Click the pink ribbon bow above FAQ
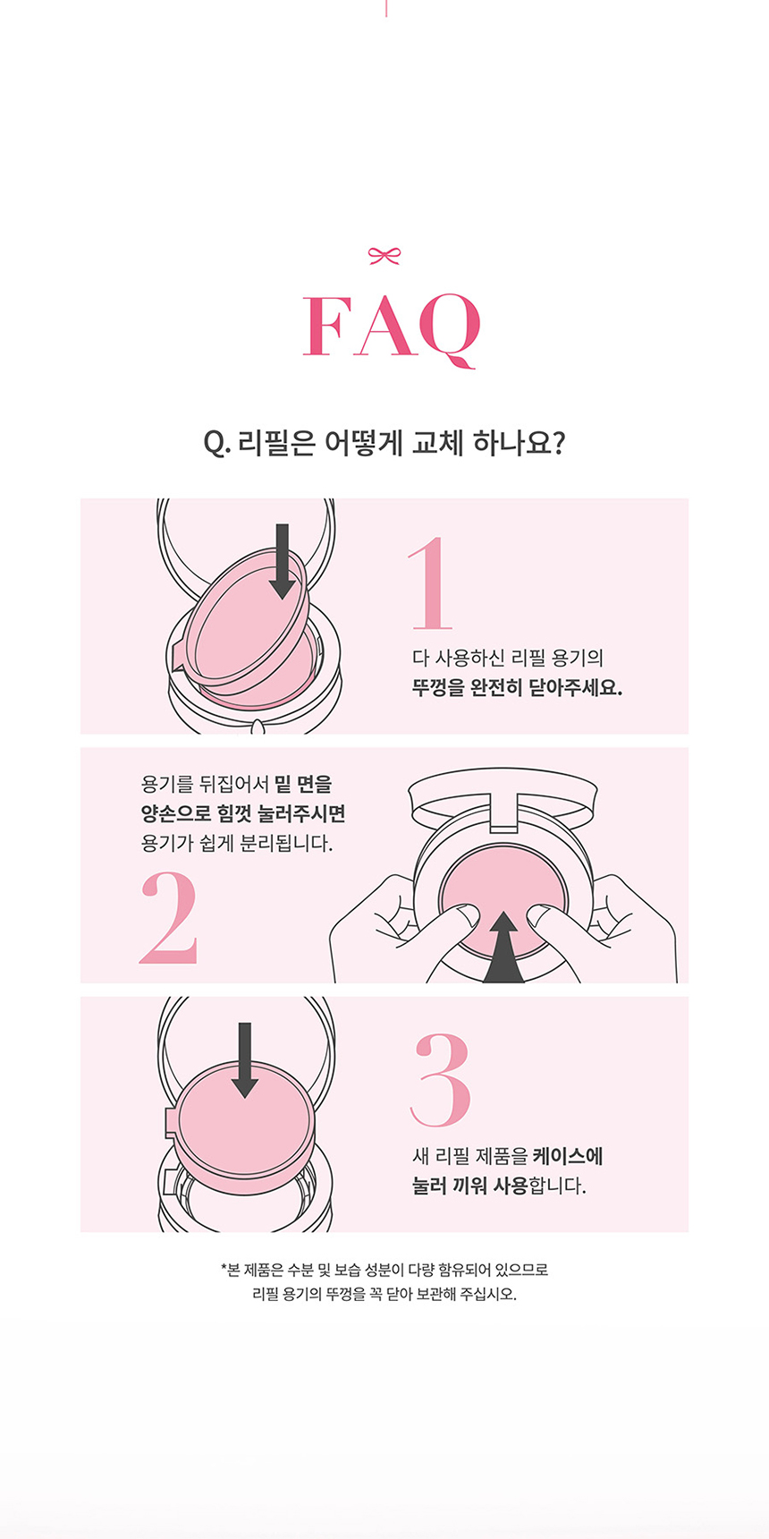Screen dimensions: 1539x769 384,257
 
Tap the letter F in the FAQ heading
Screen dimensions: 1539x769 328,327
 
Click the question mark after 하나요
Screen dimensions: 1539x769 557,444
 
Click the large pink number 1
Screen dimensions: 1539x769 432,583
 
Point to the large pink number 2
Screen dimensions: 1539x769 168,918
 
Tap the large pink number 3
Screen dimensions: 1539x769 440,1080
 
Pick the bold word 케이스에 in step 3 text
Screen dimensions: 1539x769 568,1156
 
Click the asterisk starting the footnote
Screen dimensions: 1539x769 224,1268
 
